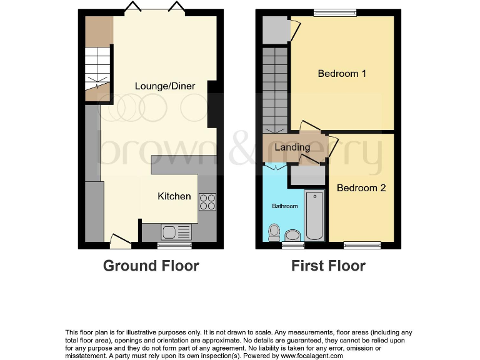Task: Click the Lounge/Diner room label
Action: click(165, 86)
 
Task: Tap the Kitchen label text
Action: click(174, 196)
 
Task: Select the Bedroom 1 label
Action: click(342, 74)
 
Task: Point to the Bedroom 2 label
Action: click(361, 187)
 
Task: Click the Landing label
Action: click(292, 147)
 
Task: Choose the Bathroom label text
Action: click(284, 206)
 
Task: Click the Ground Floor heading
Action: click(151, 266)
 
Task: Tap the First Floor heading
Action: click(328, 266)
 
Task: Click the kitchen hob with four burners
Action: click(207, 201)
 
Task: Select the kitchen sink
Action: click(176, 232)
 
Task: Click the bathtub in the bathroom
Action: click(314, 216)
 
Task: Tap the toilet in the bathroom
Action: click(273, 232)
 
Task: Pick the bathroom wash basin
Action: click(292, 236)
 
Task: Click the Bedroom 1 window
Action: click(334, 12)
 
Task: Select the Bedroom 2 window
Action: click(362, 245)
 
